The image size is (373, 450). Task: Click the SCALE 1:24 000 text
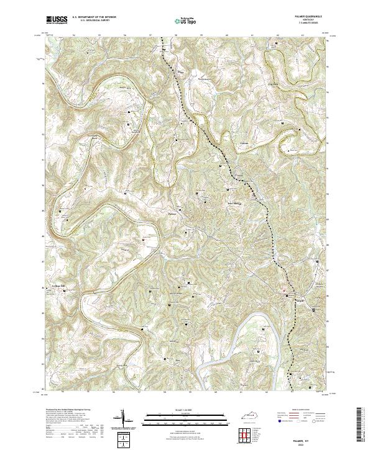point(186,410)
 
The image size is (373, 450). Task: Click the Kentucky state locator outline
point(256,418)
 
